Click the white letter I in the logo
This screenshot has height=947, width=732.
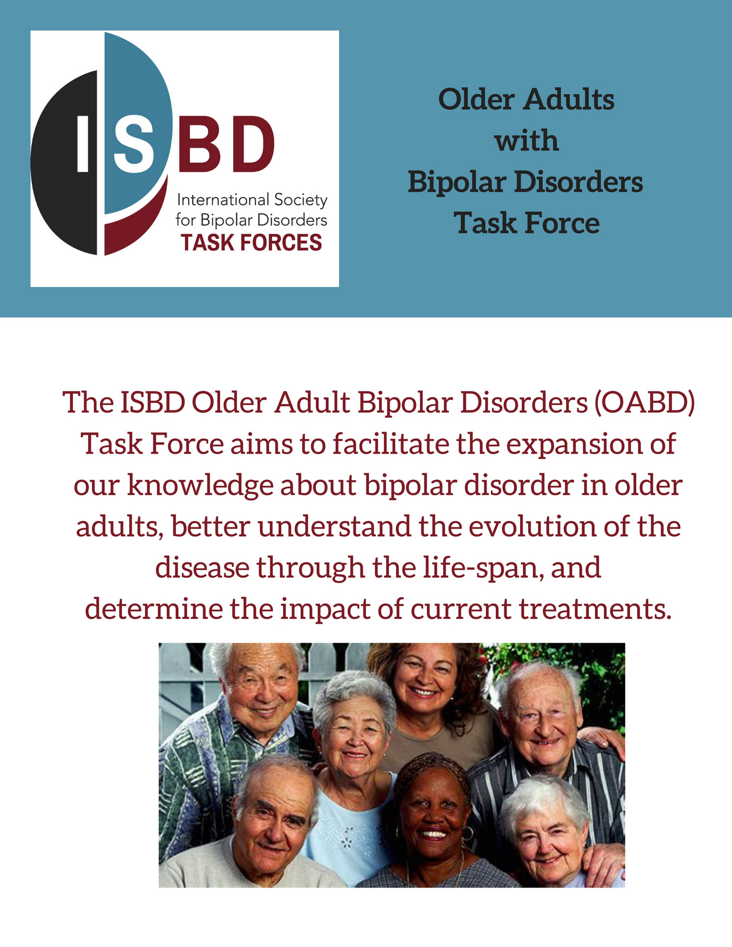click(82, 143)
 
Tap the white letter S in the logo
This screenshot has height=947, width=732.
click(134, 143)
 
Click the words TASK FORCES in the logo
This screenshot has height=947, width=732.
click(251, 243)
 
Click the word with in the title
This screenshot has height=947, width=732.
click(526, 141)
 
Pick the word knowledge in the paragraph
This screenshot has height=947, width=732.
click(200, 485)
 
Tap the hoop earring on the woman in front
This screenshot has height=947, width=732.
click(467, 833)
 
